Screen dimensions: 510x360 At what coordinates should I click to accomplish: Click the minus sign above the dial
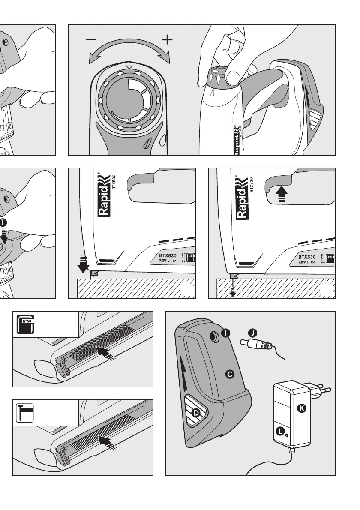pyautogui.click(x=91, y=39)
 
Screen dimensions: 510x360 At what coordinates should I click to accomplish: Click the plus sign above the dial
pyautogui.click(x=168, y=40)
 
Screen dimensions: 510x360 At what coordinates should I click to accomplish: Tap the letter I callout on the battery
pyautogui.click(x=225, y=333)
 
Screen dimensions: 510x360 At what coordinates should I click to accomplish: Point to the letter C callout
pyautogui.click(x=230, y=374)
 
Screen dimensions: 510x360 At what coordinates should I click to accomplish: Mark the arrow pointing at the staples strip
pyautogui.click(x=106, y=354)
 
